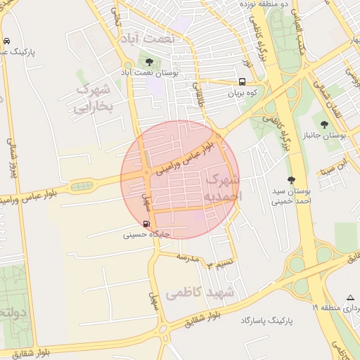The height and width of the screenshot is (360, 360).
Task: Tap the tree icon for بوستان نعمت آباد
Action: pyautogui.click(x=148, y=62)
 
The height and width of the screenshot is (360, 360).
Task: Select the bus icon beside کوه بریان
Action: pyautogui.click(x=241, y=81)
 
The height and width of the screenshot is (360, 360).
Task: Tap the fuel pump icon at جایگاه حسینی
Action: pyautogui.click(x=146, y=224)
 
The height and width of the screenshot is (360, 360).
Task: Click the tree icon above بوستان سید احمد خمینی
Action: pyautogui.click(x=292, y=180)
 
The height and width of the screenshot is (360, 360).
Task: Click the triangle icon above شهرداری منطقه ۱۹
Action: pyautogui.click(x=350, y=297)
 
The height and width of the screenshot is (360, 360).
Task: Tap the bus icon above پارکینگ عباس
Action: pyautogui.click(x=6, y=40)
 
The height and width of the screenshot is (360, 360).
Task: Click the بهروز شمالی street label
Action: pyautogui.click(x=12, y=162)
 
